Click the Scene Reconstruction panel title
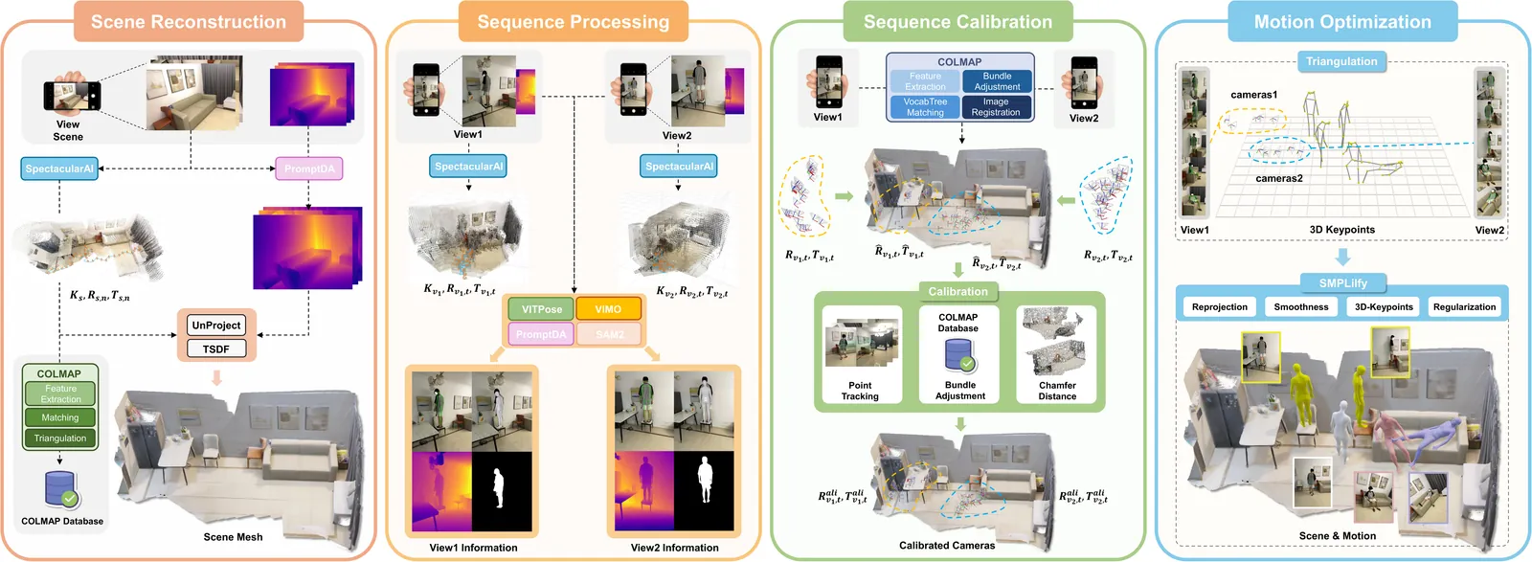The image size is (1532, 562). [189, 22]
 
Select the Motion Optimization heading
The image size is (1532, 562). [1342, 22]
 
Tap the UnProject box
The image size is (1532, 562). [216, 326]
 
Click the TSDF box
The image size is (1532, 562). [216, 349]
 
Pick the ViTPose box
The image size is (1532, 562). [542, 309]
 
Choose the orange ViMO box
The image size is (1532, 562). [608, 309]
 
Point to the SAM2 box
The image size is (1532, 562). [610, 334]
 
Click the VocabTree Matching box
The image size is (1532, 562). [925, 106]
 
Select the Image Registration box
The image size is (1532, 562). [996, 106]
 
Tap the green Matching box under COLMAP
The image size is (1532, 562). [60, 417]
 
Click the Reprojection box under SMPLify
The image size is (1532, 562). [1220, 307]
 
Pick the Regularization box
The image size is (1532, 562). [1464, 307]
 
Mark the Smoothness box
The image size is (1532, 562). [1301, 307]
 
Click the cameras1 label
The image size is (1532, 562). [1254, 95]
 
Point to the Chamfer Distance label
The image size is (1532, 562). [1057, 391]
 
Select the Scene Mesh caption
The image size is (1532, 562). [233, 537]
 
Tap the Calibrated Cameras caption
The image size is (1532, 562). [947, 546]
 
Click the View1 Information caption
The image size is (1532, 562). [473, 548]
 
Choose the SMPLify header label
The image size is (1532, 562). [1342, 283]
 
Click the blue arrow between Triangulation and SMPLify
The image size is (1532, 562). [1342, 257]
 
